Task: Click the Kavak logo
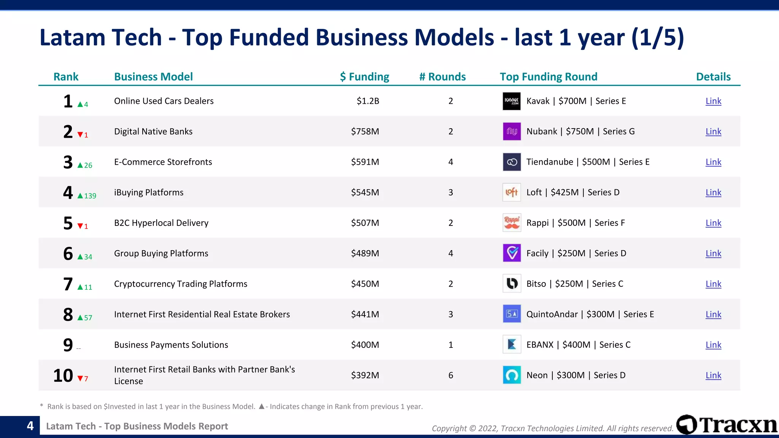(512, 101)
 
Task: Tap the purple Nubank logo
(512, 132)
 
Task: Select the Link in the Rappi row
(713, 223)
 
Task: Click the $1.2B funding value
(368, 101)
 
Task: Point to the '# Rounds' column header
(442, 77)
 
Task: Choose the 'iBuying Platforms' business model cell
(149, 192)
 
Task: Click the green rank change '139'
(90, 196)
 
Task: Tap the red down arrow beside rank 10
(80, 378)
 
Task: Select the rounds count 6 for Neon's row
(451, 375)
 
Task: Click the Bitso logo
(512, 284)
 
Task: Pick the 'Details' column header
(713, 77)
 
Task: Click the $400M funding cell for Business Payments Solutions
(365, 345)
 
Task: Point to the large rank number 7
(68, 284)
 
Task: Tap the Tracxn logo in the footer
(727, 425)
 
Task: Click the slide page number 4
(30, 426)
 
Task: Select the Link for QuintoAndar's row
(713, 314)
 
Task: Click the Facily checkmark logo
(512, 253)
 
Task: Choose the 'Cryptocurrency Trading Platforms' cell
(181, 284)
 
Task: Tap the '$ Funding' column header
(364, 77)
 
